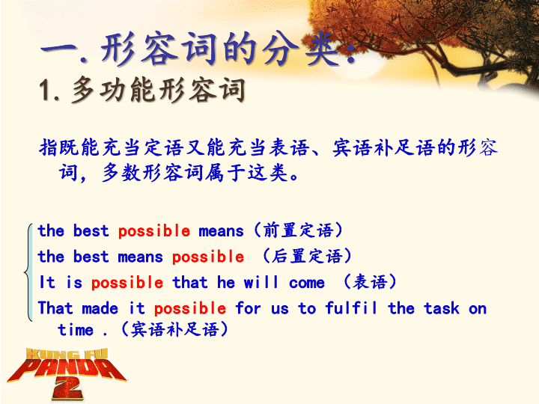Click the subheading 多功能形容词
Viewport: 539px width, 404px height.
pos(159,91)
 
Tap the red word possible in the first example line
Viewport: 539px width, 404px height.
pos(154,231)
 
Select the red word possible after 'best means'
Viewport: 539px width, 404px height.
pos(208,257)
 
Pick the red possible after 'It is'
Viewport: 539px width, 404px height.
pos(127,283)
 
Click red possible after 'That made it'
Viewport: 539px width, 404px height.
pos(190,308)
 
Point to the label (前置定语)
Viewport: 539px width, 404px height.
pos(298,230)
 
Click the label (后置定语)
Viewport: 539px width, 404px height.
pos(307,256)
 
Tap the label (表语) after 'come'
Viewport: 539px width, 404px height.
pos(370,282)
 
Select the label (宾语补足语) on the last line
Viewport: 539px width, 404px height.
pos(174,329)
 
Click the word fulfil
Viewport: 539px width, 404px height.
pos(351,307)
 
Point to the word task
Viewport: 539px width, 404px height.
pos(442,307)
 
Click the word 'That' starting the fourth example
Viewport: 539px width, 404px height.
pos(55,307)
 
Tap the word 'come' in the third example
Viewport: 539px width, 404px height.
pos(307,283)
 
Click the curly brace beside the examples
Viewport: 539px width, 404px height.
pos(28,272)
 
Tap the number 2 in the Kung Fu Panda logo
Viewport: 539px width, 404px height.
pos(67,390)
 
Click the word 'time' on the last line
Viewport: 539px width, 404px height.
pos(76,330)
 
